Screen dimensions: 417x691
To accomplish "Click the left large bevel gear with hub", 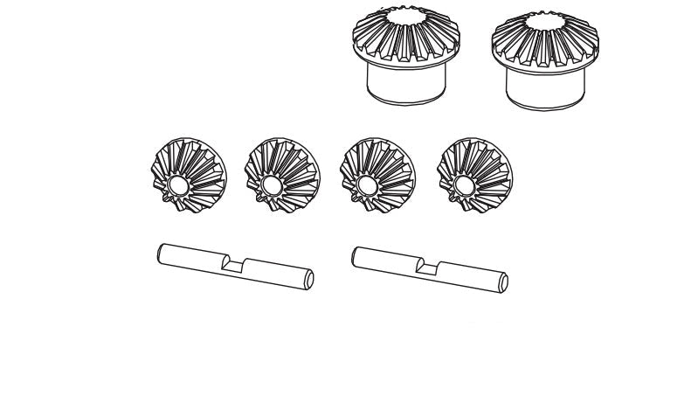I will pyautogui.click(x=406, y=52).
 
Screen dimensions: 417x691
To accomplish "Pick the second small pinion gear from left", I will pyautogui.click(x=282, y=174).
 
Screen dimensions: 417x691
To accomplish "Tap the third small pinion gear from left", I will pyautogui.click(x=377, y=174).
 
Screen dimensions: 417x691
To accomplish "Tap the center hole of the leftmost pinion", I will pyautogui.click(x=176, y=185).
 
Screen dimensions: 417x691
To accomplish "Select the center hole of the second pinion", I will pyautogui.click(x=270, y=185).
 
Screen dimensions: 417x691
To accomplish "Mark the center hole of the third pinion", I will pyautogui.click(x=365, y=185).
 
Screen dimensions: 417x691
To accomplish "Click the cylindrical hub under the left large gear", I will pyautogui.click(x=407, y=85).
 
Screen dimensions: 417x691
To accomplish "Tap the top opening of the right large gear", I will pyautogui.click(x=546, y=19).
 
